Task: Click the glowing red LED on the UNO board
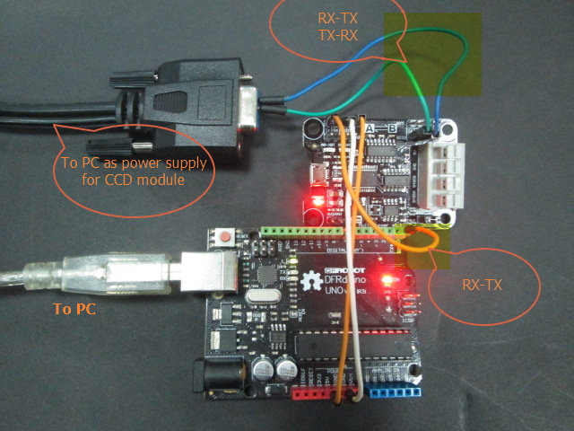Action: [387, 279]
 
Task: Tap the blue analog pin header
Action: [391, 391]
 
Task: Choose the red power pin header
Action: [317, 394]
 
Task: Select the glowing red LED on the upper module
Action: [316, 195]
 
